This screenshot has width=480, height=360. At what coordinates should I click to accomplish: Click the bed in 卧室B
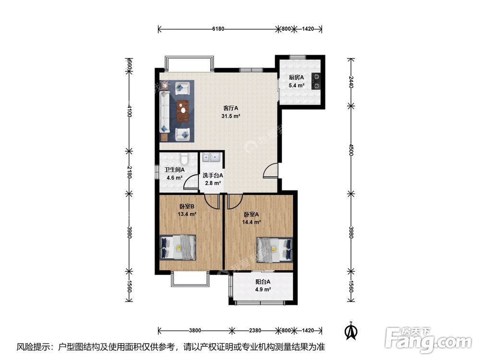[x=178, y=247]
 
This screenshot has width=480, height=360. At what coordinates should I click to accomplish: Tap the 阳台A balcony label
[x=263, y=282]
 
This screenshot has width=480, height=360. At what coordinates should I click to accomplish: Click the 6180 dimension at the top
[x=218, y=29]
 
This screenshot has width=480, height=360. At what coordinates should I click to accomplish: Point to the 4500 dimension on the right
[x=351, y=150]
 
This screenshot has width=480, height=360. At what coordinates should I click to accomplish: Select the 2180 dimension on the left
[x=129, y=171]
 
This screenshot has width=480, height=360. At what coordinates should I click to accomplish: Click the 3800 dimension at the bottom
[x=195, y=330]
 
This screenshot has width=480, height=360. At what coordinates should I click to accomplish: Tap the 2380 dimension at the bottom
[x=255, y=330]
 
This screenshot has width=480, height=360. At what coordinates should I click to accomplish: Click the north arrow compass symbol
[x=352, y=330]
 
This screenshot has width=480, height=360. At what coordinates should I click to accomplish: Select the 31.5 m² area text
[x=230, y=116]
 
